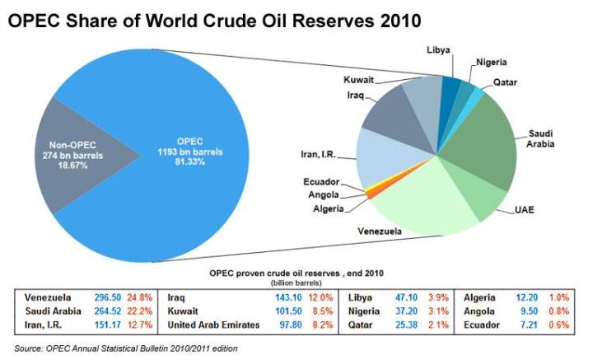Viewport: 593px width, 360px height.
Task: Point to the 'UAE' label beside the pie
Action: (x=525, y=211)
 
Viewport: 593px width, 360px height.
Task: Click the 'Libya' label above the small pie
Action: (x=438, y=50)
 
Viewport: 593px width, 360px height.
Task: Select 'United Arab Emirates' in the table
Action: (x=213, y=325)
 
